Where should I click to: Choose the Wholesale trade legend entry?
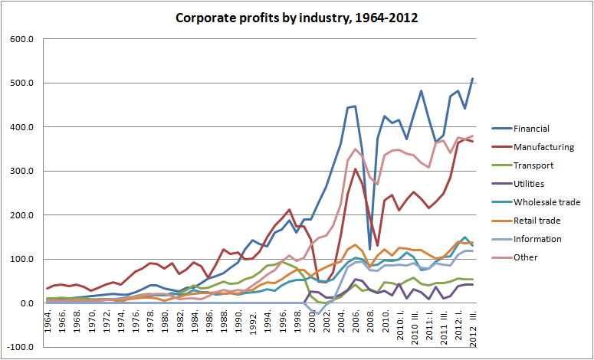pyautogui.click(x=547, y=202)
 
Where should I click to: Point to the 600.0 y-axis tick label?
pyautogui.click(x=21, y=39)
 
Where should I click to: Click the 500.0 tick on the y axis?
pyautogui.click(x=21, y=83)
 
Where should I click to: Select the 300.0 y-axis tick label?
pyautogui.click(x=21, y=171)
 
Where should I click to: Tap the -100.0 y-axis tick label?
pyautogui.click(x=19, y=347)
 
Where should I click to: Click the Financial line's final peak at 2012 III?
pyautogui.click(x=472, y=78)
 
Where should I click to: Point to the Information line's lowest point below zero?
pyautogui.click(x=319, y=314)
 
